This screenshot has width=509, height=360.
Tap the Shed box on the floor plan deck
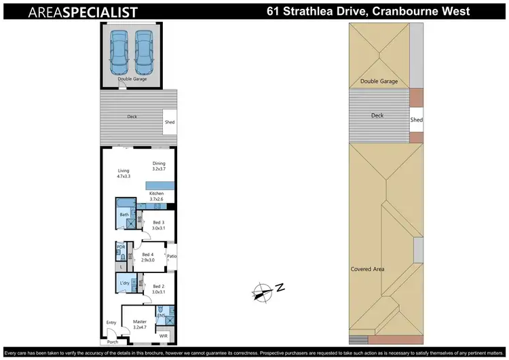(x=170, y=122)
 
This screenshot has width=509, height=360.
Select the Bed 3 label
(x=158, y=222)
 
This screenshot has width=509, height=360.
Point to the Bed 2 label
(x=159, y=286)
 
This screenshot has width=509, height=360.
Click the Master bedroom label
(x=140, y=321)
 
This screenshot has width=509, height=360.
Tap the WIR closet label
(x=164, y=336)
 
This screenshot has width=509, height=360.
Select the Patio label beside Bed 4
(x=172, y=256)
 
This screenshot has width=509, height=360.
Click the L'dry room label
(x=124, y=283)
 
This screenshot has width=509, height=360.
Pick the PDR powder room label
(x=121, y=247)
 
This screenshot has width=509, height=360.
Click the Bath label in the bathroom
(x=124, y=215)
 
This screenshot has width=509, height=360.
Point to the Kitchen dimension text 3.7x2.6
(x=157, y=199)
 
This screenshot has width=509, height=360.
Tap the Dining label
(x=159, y=163)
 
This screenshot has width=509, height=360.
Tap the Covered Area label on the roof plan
(x=367, y=269)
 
